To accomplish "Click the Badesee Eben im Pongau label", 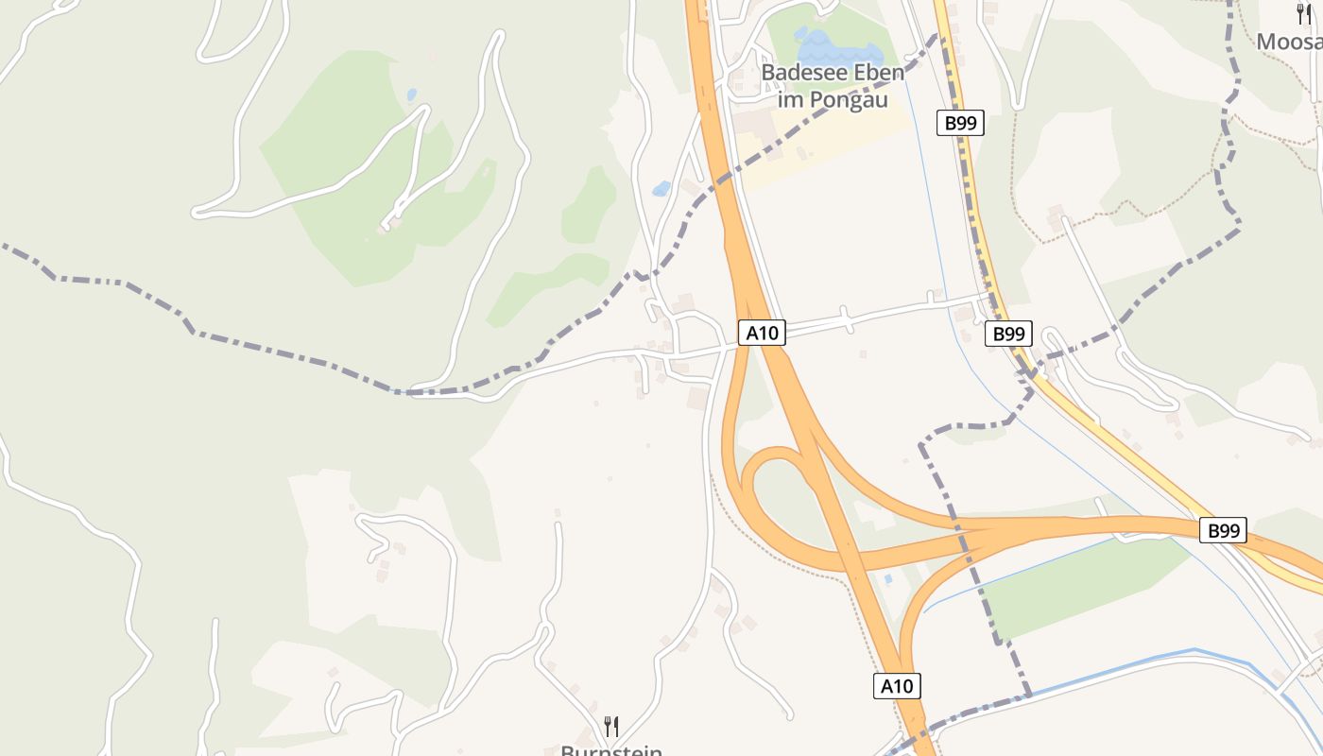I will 833,85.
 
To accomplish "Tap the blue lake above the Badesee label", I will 828,45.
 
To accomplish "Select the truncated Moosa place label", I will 1289,42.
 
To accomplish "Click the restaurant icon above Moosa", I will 1305,14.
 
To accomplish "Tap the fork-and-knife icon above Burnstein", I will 611,726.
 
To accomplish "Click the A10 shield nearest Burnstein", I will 896,686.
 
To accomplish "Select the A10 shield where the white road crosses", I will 761,333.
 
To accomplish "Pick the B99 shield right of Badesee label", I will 960,122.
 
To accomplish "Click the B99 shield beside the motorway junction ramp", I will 1223,530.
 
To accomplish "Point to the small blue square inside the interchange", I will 886,578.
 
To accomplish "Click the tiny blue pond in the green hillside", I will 410,94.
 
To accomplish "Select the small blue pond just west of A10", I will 661,188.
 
